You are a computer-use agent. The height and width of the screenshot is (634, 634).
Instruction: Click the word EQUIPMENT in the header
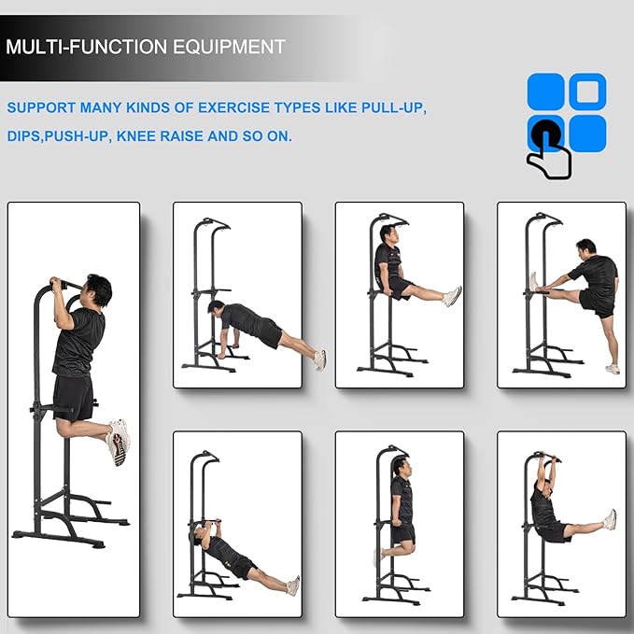[x=230, y=47]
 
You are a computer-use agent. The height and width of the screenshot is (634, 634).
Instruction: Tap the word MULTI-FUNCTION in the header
[x=87, y=47]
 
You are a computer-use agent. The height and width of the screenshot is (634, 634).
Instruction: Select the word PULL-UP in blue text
[x=393, y=108]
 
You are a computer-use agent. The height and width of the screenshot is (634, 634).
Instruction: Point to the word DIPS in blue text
[x=24, y=136]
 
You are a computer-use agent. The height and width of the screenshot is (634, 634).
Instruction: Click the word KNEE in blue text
[x=136, y=136]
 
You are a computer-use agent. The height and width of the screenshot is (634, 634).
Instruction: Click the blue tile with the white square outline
[x=587, y=92]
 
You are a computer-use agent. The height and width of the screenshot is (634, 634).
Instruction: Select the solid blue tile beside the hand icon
[x=587, y=134]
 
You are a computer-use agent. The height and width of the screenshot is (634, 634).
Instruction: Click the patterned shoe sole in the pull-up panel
[x=118, y=449]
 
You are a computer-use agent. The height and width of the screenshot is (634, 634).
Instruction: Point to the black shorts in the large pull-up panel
[x=73, y=399]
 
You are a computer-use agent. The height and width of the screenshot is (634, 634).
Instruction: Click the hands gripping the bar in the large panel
[x=59, y=284]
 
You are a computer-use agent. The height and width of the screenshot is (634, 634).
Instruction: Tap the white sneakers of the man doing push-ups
[x=320, y=360]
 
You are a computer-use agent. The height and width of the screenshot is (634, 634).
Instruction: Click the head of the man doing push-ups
[x=216, y=308]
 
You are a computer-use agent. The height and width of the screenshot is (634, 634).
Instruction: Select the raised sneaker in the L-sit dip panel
[x=452, y=296]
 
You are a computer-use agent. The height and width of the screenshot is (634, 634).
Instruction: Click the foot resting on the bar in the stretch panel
[x=534, y=282]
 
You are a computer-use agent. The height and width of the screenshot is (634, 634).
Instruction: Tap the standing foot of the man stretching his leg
[x=613, y=369]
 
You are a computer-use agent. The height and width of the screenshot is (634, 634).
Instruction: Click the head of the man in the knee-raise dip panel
[x=402, y=468]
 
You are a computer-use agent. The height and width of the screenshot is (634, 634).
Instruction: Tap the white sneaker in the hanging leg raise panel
[x=610, y=519]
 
